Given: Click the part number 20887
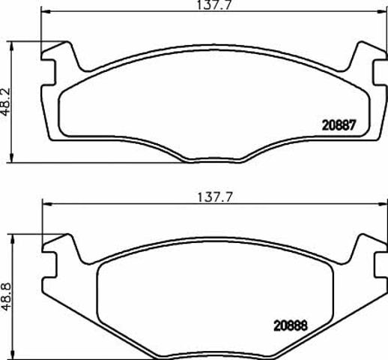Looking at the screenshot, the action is click(339, 125).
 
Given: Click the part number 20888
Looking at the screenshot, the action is click(291, 325).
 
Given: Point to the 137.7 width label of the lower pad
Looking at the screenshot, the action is click(215, 197).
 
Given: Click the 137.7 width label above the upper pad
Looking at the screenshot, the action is click(215, 4).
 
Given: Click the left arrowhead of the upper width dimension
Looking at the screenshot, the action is click(45, 11).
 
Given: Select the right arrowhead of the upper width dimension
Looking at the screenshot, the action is click(382, 11).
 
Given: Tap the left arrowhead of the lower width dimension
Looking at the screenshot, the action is click(47, 204).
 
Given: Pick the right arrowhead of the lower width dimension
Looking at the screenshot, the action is click(384, 204).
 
